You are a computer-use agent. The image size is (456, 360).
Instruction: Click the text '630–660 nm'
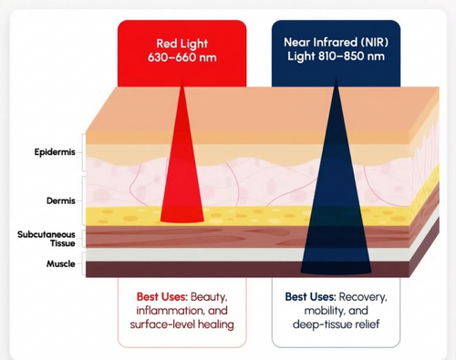coord(182,58)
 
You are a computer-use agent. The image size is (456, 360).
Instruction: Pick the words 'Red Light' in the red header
coord(182,42)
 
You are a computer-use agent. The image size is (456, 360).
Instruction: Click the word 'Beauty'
coord(208,298)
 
